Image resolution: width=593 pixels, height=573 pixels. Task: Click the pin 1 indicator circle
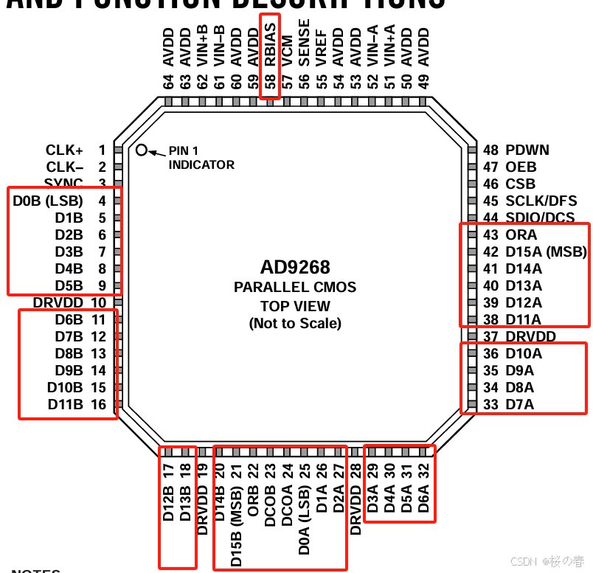coord(142,150)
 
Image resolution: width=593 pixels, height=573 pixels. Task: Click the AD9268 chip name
coord(295,267)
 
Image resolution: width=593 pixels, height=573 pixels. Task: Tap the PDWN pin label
coord(527,150)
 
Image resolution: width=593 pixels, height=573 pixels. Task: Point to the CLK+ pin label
coord(64,150)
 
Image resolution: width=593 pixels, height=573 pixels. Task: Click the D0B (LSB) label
coord(48,201)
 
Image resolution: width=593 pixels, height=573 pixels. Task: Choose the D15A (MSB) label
coord(545,251)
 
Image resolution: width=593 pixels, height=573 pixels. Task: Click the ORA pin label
coord(521,235)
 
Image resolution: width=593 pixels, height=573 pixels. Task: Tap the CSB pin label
coord(520,184)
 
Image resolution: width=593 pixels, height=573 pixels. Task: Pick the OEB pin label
coord(521,167)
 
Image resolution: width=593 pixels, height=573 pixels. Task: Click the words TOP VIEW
coord(295,305)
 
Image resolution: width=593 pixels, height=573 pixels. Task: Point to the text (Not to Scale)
coord(295,322)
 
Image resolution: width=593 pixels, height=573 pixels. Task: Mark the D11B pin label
coord(66,404)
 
